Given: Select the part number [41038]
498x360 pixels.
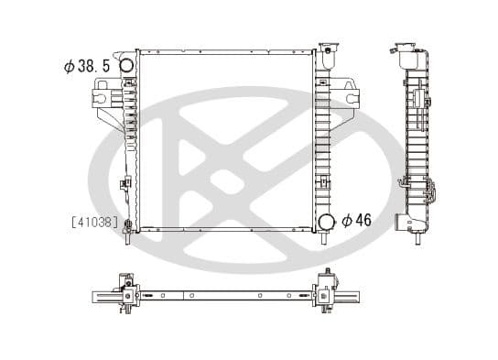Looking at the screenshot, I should pyautogui.click(x=93, y=221).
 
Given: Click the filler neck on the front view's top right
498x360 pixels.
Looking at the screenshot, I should pyautogui.click(x=327, y=57).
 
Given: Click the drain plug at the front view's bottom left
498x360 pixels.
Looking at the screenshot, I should pyautogui.click(x=128, y=225).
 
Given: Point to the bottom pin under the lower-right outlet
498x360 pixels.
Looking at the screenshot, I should pyautogui.click(x=326, y=239).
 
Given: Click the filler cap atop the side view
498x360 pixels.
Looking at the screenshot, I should pyautogui.click(x=409, y=49).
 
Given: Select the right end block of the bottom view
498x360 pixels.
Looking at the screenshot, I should pyautogui.click(x=323, y=293).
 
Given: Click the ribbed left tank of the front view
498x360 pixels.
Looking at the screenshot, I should pyautogui.click(x=130, y=137).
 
